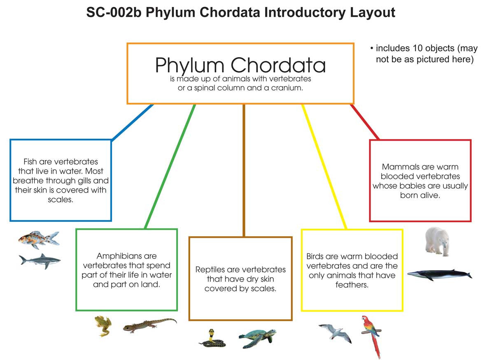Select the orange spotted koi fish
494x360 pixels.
38,239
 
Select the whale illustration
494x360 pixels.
439,274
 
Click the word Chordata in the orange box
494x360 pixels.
279,65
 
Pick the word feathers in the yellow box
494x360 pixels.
352,284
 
